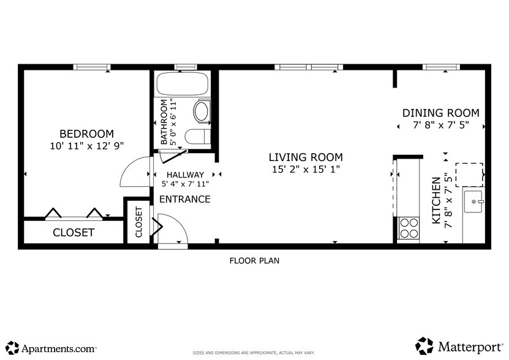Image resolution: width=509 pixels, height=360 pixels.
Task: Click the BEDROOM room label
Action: [86, 134]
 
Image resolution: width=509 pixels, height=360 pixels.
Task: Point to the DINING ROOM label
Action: [440, 113]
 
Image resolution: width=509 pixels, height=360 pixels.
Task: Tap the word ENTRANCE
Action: [185, 199]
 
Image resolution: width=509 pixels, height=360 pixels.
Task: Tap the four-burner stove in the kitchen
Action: [409, 228]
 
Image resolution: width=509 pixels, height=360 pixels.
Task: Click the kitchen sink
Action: [473, 201]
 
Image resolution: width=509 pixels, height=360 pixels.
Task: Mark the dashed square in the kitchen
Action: [469, 174]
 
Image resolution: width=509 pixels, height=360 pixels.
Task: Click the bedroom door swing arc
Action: [133, 173]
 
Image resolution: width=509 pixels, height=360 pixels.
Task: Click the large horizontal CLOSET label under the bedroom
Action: [74, 233]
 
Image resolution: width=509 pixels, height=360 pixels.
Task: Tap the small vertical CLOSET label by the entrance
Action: [138, 222]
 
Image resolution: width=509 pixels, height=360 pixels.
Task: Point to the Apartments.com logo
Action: [52, 348]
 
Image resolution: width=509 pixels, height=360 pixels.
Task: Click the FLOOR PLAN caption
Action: [254, 261]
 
